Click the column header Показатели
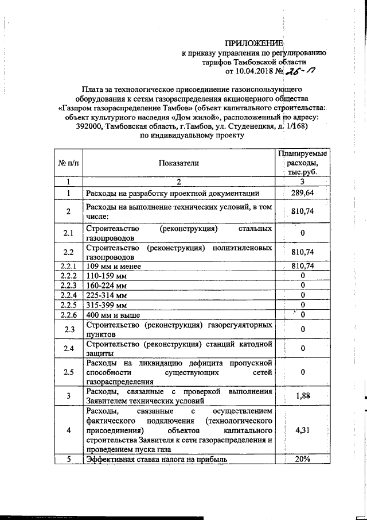(178, 163)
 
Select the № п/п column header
(68, 163)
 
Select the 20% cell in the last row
(302, 459)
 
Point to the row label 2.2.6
(68, 315)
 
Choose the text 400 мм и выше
(112, 315)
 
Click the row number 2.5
(68, 372)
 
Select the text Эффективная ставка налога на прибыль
(157, 459)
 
